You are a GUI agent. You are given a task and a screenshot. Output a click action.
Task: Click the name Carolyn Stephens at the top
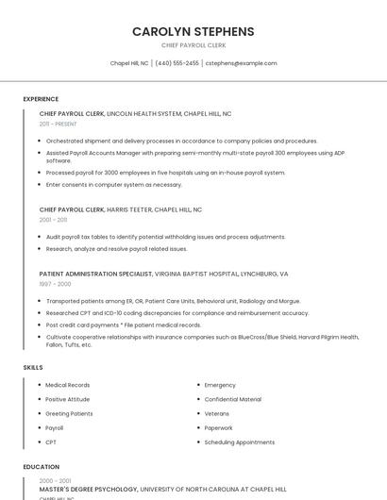tap(193, 31)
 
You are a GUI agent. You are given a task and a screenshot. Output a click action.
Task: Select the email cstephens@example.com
tap(241, 63)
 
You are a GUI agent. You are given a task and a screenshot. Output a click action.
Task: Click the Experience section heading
tap(41, 99)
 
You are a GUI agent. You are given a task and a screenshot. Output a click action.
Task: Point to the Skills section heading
tap(33, 367)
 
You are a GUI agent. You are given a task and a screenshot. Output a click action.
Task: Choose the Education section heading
tap(41, 467)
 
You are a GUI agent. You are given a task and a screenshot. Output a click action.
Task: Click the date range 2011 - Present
tap(58, 124)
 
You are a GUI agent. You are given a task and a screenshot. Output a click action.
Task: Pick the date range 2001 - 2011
tap(54, 220)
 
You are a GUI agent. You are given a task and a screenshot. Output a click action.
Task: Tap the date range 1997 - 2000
tap(55, 283)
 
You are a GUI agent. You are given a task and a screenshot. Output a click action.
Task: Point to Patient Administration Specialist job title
tap(95, 274)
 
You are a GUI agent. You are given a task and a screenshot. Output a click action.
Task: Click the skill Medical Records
tap(67, 385)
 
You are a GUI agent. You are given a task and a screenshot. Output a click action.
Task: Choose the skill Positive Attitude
tap(68, 399)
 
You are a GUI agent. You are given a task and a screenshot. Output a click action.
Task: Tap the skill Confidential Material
tap(232, 399)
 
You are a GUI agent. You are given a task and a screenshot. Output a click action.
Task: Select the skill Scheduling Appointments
tap(239, 442)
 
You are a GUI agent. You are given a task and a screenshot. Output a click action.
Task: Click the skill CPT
tap(51, 442)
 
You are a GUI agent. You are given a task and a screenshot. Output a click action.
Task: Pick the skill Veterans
tap(216, 413)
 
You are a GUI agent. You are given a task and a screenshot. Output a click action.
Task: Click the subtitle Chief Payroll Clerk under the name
tap(193, 45)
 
